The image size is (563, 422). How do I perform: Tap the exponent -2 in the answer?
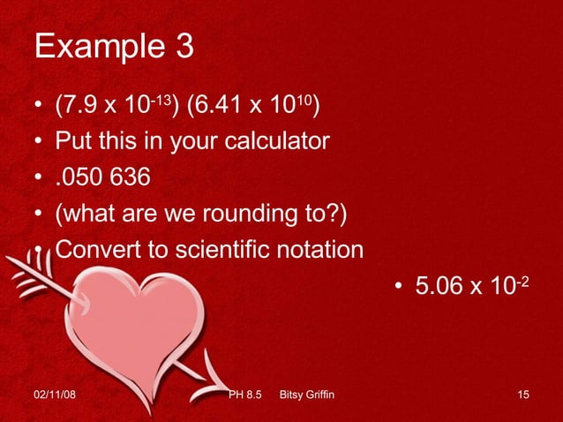click(522, 279)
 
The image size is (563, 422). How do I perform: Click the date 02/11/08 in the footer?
click(54, 393)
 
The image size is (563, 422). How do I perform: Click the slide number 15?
click(523, 393)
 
